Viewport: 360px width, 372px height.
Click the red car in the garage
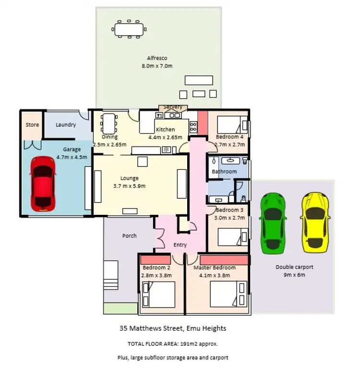42,184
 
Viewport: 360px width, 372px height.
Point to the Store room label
32,125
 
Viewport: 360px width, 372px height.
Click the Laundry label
66,125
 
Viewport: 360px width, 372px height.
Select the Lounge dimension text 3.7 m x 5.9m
129,186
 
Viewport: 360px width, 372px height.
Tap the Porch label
129,236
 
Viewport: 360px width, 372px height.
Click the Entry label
180,245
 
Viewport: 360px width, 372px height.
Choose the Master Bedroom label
215,268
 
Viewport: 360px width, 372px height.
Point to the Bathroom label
224,172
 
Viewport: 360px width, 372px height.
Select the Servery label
173,107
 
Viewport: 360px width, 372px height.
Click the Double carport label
294,268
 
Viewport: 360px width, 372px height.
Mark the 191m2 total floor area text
172,344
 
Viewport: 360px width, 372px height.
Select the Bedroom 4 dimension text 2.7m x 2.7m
229,144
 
